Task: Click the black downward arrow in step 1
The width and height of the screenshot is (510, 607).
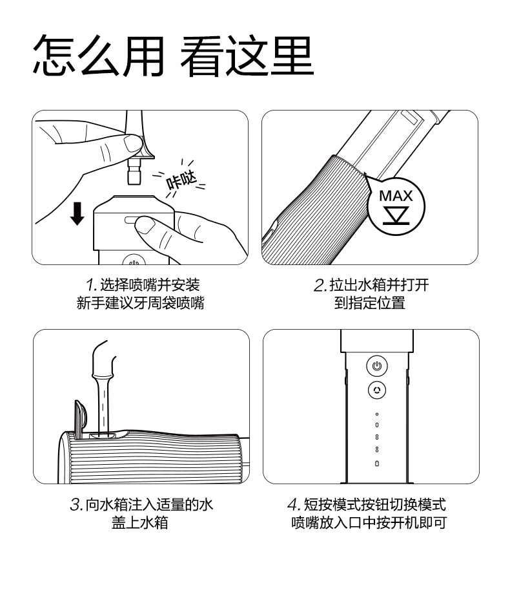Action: pos(77,213)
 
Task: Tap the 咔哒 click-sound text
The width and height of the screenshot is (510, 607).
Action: pos(181,180)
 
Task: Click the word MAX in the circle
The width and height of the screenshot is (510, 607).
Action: pos(396,196)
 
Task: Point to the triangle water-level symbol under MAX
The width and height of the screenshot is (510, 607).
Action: pos(396,215)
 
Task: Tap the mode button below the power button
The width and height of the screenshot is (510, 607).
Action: pos(377,390)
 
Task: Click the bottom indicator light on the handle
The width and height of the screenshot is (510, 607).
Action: pos(377,463)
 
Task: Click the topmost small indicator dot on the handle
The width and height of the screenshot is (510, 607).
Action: pos(377,414)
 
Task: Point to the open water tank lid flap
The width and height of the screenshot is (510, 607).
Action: pos(81,418)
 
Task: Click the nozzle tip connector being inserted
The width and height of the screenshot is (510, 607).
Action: pos(134,171)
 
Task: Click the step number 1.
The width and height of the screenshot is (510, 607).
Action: pos(91,285)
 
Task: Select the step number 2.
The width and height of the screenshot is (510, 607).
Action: pos(320,285)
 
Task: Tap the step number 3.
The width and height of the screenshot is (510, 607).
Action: pos(76,505)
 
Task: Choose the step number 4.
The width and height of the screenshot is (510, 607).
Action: pos(294,505)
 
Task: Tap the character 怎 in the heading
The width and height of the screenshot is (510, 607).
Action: pos(54,56)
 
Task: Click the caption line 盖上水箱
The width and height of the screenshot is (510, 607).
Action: pos(140,522)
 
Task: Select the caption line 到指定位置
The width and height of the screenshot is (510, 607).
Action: pos(370,303)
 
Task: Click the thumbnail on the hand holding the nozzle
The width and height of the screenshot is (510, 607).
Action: pos(132,144)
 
